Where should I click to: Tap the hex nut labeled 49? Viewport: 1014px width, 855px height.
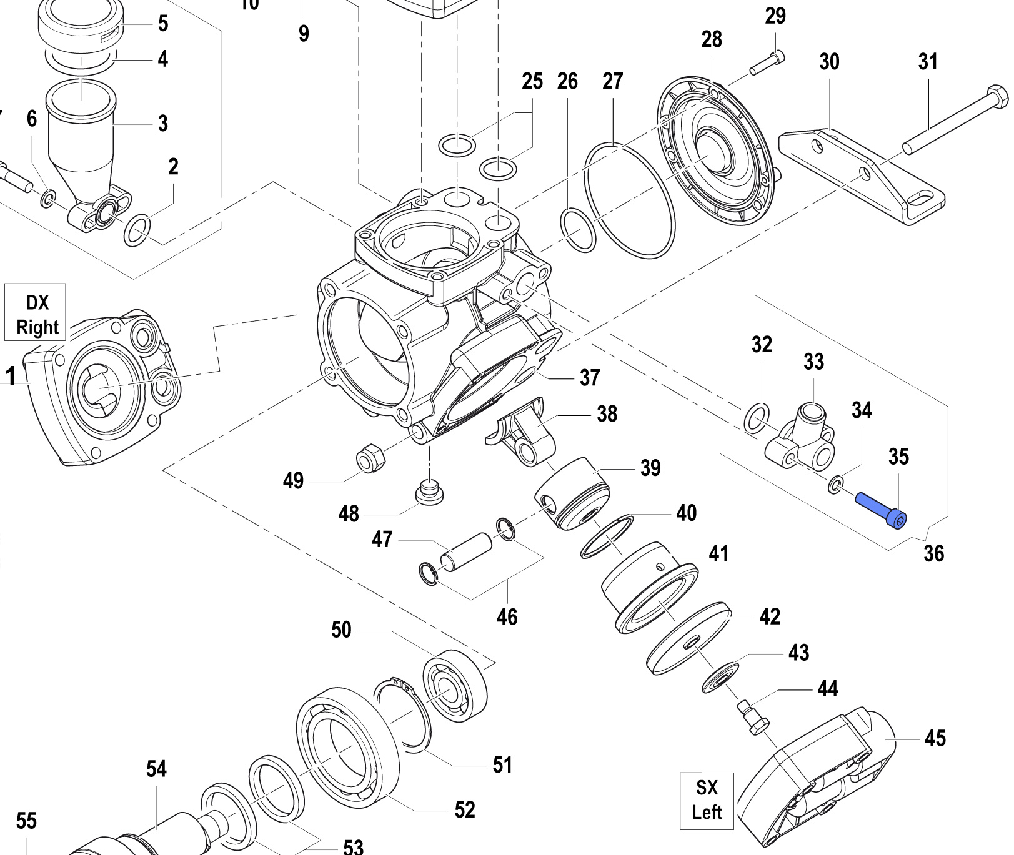click(370, 461)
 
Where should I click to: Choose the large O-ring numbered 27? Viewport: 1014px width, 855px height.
click(629, 200)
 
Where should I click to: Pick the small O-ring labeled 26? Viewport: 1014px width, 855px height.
click(579, 230)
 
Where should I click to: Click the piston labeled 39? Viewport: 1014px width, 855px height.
click(571, 493)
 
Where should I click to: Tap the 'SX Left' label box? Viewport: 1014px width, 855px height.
click(707, 800)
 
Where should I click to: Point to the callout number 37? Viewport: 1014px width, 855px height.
click(590, 377)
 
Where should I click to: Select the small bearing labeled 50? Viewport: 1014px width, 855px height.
click(455, 685)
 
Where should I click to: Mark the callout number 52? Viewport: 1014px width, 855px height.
click(465, 809)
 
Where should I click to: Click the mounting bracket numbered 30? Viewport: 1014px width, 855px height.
click(862, 175)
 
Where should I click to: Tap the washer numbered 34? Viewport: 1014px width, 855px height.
click(835, 484)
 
